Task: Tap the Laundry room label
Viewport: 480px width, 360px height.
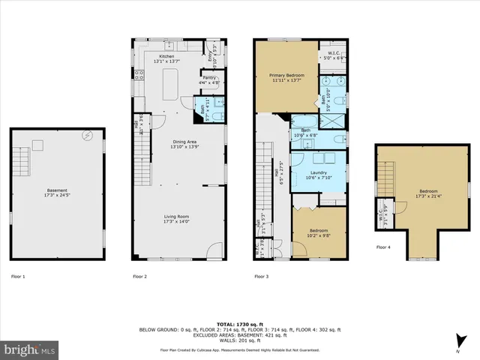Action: (x=318, y=175)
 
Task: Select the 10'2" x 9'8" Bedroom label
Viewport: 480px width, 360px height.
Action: (x=319, y=232)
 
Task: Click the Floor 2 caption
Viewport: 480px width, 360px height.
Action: (x=139, y=277)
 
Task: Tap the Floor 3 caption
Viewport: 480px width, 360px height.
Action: (x=262, y=277)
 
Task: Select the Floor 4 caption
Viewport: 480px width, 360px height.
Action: (x=383, y=247)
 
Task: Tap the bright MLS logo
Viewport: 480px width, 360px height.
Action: (x=30, y=349)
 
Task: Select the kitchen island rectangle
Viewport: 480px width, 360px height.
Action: (x=169, y=82)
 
